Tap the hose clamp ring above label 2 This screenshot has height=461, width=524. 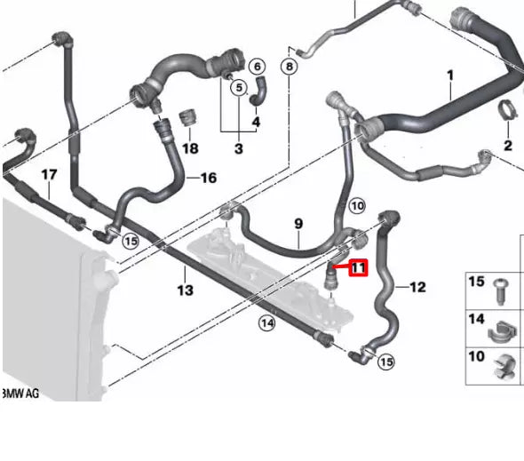coord(508,113)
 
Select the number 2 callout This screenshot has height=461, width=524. coord(508,145)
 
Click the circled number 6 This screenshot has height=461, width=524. coord(258,67)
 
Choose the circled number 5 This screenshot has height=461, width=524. coord(238,87)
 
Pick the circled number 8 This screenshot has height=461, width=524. coord(289,67)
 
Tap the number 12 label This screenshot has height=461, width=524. coord(417,286)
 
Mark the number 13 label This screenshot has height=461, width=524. coord(184,290)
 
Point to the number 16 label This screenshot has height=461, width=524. coord(208,178)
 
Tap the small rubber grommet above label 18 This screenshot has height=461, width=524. coord(188,117)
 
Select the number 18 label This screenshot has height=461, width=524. coord(190,147)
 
